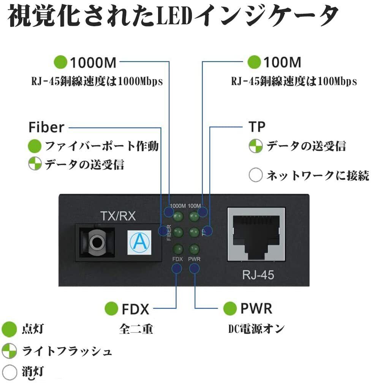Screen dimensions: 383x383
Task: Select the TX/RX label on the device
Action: pos(118,217)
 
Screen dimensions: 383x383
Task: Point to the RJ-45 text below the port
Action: pos(258,275)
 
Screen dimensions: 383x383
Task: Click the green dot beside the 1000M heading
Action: pos(60,62)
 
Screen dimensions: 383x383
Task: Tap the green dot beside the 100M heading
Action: pos(254,62)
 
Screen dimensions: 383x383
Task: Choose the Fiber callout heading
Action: pos(46,127)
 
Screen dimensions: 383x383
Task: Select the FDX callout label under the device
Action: pos(135,309)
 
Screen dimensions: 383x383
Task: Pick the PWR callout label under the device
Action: pos(256,309)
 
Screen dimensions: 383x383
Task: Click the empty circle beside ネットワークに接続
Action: pos(255,175)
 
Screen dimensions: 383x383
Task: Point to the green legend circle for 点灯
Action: pos(9,329)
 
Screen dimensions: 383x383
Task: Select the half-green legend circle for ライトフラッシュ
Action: pos(9,351)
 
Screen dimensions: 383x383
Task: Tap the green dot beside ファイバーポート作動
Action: pos(35,146)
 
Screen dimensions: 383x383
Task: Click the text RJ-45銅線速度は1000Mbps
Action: pos(97,81)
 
